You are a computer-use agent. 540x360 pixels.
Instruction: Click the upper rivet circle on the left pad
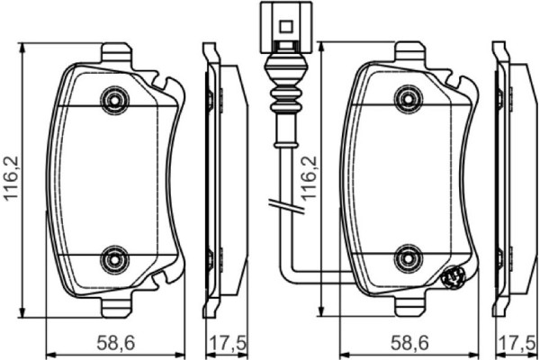tap(112, 96)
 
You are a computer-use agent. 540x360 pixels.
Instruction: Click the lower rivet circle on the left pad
tap(112, 260)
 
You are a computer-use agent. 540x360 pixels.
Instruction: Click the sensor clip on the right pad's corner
tap(454, 279)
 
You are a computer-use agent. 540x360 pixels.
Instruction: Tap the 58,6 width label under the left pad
tap(114, 343)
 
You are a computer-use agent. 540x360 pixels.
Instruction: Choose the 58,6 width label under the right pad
tap(406, 343)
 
